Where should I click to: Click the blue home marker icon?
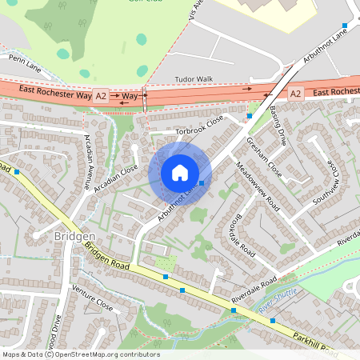[x=180, y=173]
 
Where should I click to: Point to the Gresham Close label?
[x=265, y=156]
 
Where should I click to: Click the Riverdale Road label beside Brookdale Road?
[x=254, y=290]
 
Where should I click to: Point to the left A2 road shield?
[x=101, y=94]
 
